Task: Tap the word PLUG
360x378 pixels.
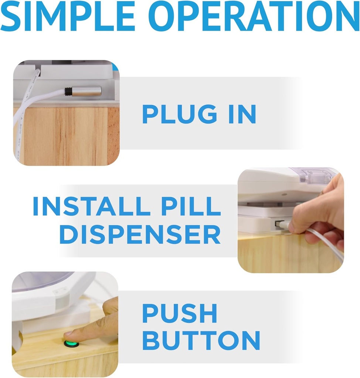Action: click(179, 114)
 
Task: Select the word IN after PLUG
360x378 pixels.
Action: click(242, 114)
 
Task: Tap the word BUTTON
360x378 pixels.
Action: click(201, 340)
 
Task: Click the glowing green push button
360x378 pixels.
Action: click(71, 344)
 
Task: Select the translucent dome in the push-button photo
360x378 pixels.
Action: click(41, 281)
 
